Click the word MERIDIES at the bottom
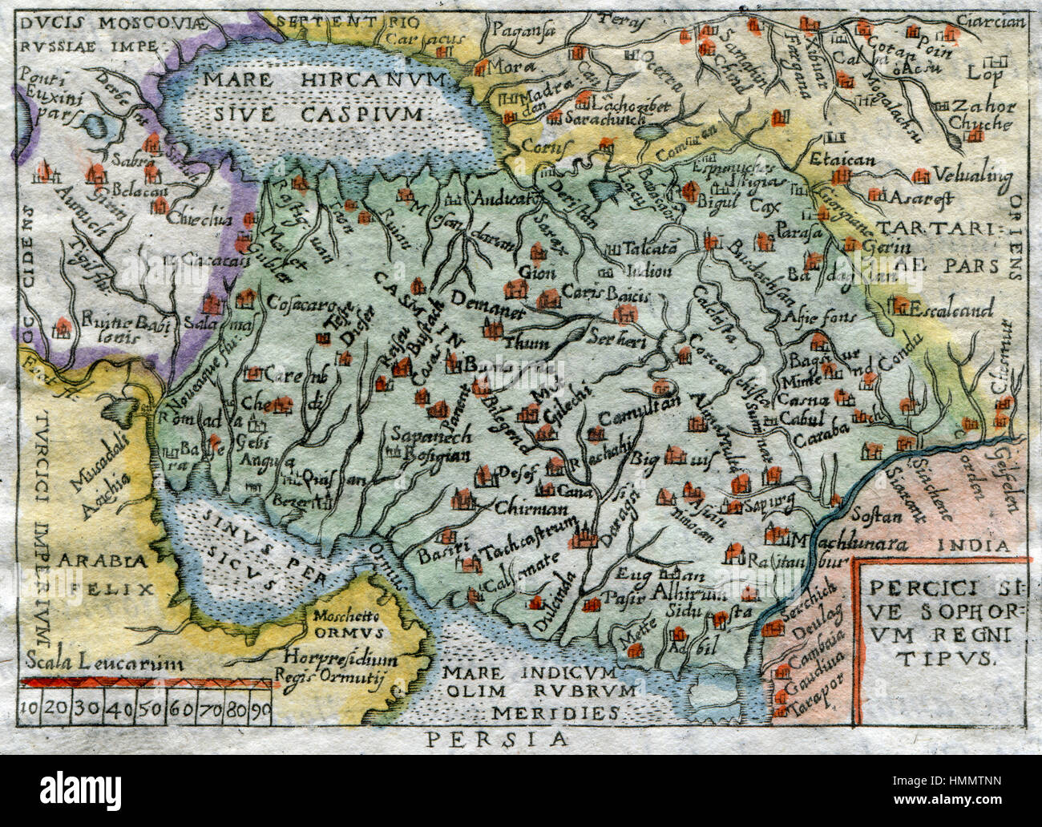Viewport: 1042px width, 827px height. click(555, 710)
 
